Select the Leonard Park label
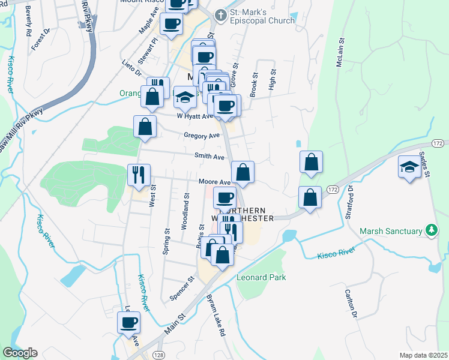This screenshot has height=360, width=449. [261, 278]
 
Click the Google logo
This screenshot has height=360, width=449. [20, 353]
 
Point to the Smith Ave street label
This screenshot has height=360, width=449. [209, 157]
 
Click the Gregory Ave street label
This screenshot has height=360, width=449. [202, 136]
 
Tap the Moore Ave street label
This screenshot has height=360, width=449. [214, 182]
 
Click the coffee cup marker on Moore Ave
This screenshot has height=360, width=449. [225, 197]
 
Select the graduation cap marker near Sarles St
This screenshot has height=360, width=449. [409, 166]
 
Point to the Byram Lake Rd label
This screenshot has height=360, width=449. [216, 316]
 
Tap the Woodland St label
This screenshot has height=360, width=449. [186, 211]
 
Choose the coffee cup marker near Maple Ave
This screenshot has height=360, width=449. [171, 23]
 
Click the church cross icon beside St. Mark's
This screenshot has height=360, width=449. [221, 15]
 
